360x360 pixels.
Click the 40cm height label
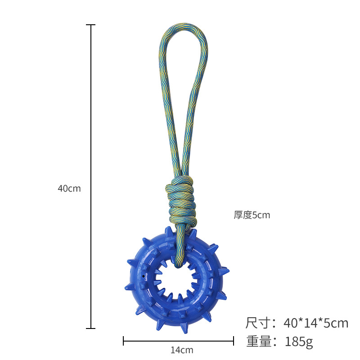(x=69, y=189)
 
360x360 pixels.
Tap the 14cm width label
(x=182, y=350)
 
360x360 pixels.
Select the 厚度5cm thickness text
(x=252, y=215)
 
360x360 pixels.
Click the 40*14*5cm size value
(x=316, y=323)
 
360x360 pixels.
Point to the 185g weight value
(x=299, y=342)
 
